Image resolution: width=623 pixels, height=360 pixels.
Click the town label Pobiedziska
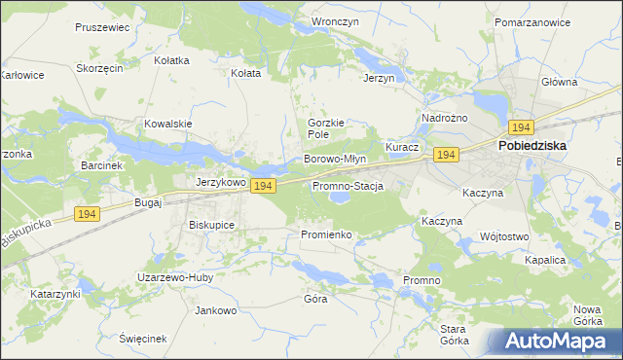tap(532, 146)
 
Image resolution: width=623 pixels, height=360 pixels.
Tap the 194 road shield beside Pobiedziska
tap(521, 127)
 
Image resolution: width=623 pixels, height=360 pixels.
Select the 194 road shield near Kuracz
tap(446, 156)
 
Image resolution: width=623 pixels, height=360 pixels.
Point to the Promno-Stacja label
tap(348, 185)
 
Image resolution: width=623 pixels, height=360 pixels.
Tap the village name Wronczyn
tap(330, 20)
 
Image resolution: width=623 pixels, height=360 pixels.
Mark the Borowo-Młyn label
tap(335, 159)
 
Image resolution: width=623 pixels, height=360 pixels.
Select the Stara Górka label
tap(455, 335)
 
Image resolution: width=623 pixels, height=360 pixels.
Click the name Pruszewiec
tap(102, 27)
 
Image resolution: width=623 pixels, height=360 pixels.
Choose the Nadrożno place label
tap(445, 118)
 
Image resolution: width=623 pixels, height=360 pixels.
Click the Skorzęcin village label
tap(99, 69)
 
